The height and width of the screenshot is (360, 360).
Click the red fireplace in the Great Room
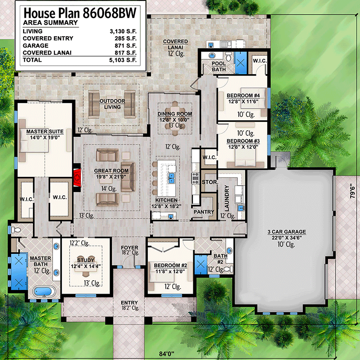point(78,176)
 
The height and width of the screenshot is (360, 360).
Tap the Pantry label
point(204,212)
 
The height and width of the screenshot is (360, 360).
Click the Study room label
point(85,260)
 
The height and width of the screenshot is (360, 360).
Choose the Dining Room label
point(175,114)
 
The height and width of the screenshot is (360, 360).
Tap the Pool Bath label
point(218,66)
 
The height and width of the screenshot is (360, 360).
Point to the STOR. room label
point(209,182)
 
